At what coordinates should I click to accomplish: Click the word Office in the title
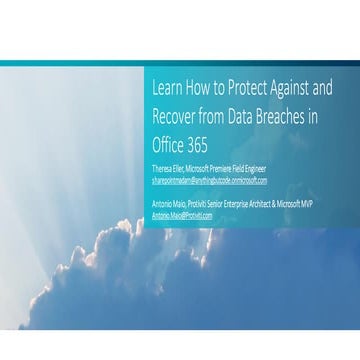point(167,146)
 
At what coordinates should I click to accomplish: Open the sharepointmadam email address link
point(208,180)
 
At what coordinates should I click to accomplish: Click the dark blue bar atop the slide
point(180,62)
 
